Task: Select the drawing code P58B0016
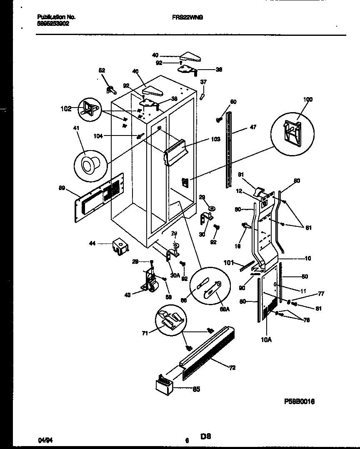[x=299, y=401]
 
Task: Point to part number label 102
[x=66, y=110]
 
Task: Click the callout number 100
[x=307, y=100]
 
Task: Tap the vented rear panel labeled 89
[x=100, y=194]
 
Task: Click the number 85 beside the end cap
[x=196, y=389]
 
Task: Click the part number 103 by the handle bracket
[x=215, y=139]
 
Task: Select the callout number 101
[x=229, y=263]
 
